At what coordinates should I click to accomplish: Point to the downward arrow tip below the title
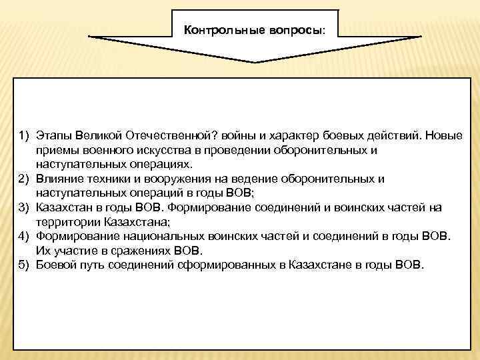coord(254,62)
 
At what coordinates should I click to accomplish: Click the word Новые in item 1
coord(444,136)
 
